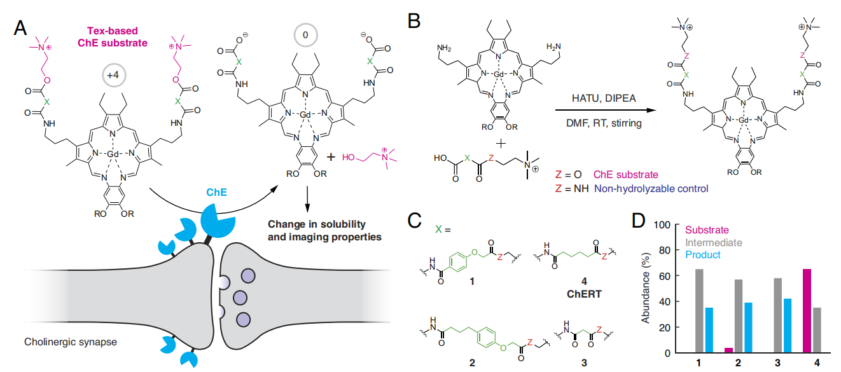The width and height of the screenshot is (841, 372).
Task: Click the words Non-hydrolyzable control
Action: pyautogui.click(x=650, y=188)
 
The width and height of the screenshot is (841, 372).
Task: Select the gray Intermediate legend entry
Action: pyautogui.click(x=712, y=242)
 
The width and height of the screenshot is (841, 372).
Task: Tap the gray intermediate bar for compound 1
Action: pyautogui.click(x=699, y=310)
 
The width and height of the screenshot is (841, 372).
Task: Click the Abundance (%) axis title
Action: pyautogui.click(x=645, y=288)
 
